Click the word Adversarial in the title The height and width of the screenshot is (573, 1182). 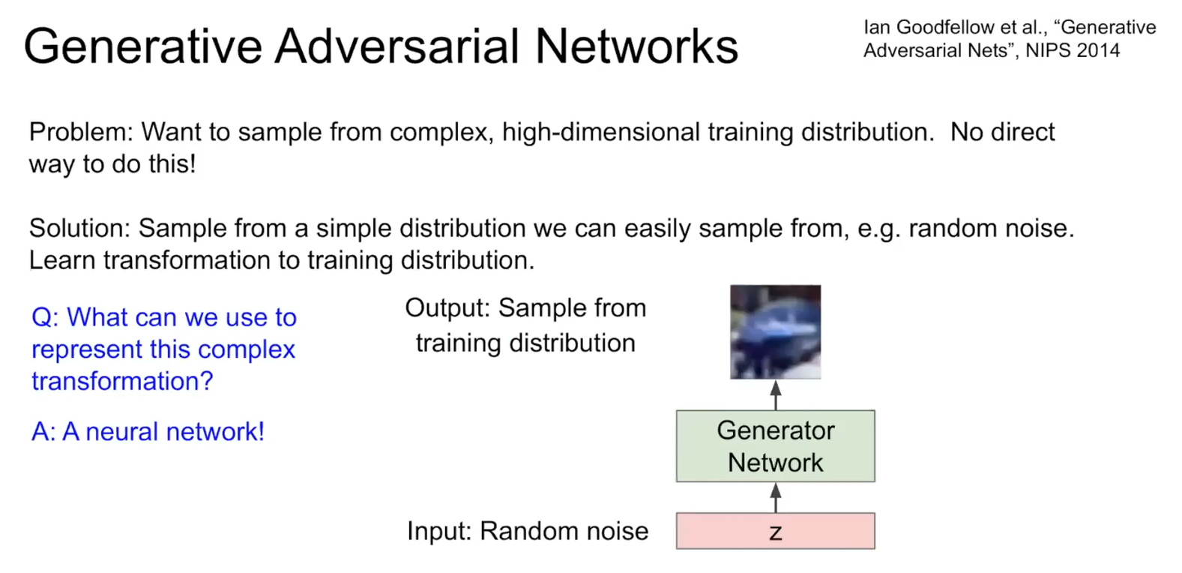pyautogui.click(x=397, y=46)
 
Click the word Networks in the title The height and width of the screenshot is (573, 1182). pyautogui.click(x=636, y=46)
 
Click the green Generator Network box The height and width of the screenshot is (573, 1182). pyautogui.click(x=775, y=446)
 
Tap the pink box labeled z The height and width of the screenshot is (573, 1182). pyautogui.click(x=775, y=531)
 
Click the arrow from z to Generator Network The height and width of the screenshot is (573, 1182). pyautogui.click(x=776, y=497)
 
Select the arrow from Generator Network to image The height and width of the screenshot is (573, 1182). pyautogui.click(x=776, y=394)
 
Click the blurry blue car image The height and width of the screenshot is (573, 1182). pyautogui.click(x=775, y=331)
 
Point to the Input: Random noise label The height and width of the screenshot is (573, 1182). pyautogui.click(x=527, y=531)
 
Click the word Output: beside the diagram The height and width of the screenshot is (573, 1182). pyautogui.click(x=447, y=308)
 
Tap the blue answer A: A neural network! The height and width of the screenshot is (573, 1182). pyautogui.click(x=148, y=432)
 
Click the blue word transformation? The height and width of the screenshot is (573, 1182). pyautogui.click(x=122, y=381)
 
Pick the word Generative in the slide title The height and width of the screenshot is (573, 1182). pyautogui.click(x=143, y=46)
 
